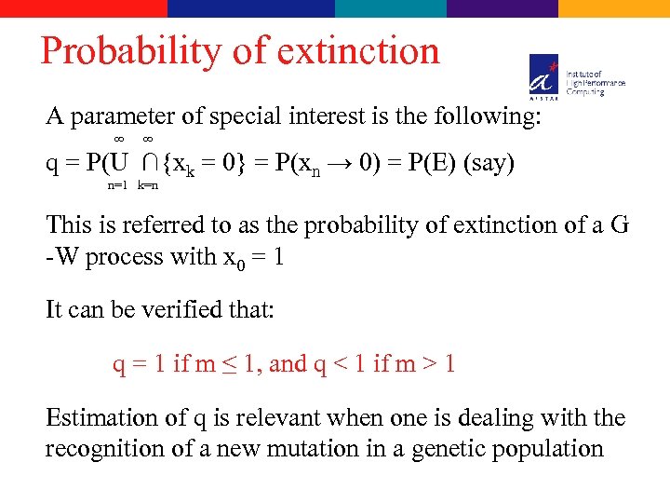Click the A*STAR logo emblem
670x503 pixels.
[x=544, y=74]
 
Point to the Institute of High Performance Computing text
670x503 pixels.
[x=596, y=82]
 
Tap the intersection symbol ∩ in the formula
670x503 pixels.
[x=149, y=163]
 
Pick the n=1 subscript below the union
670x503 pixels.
[x=117, y=185]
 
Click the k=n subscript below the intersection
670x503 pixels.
[x=148, y=185]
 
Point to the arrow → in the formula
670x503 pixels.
[x=344, y=163]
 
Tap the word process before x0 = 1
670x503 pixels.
[x=124, y=257]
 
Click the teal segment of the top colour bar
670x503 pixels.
[x=391, y=8]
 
